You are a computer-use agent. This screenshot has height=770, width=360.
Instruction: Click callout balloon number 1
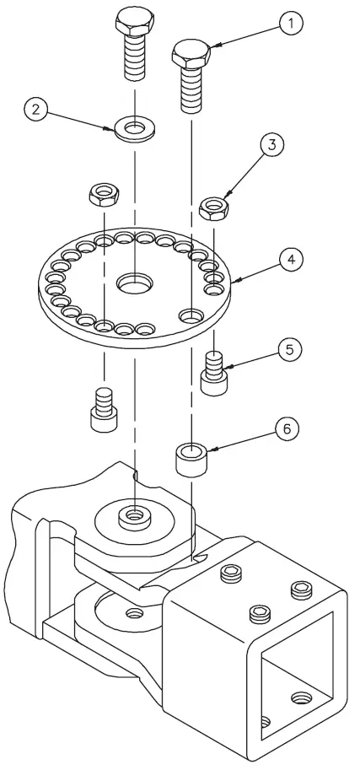[289, 24]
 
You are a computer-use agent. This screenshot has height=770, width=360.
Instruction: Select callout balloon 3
[271, 145]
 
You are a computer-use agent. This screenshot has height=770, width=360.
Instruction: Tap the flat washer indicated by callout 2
[135, 131]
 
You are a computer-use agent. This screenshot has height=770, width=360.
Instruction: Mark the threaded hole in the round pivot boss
[133, 514]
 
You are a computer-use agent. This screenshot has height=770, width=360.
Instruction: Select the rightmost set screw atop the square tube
[300, 588]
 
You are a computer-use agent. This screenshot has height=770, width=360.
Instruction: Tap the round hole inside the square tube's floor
[301, 697]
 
